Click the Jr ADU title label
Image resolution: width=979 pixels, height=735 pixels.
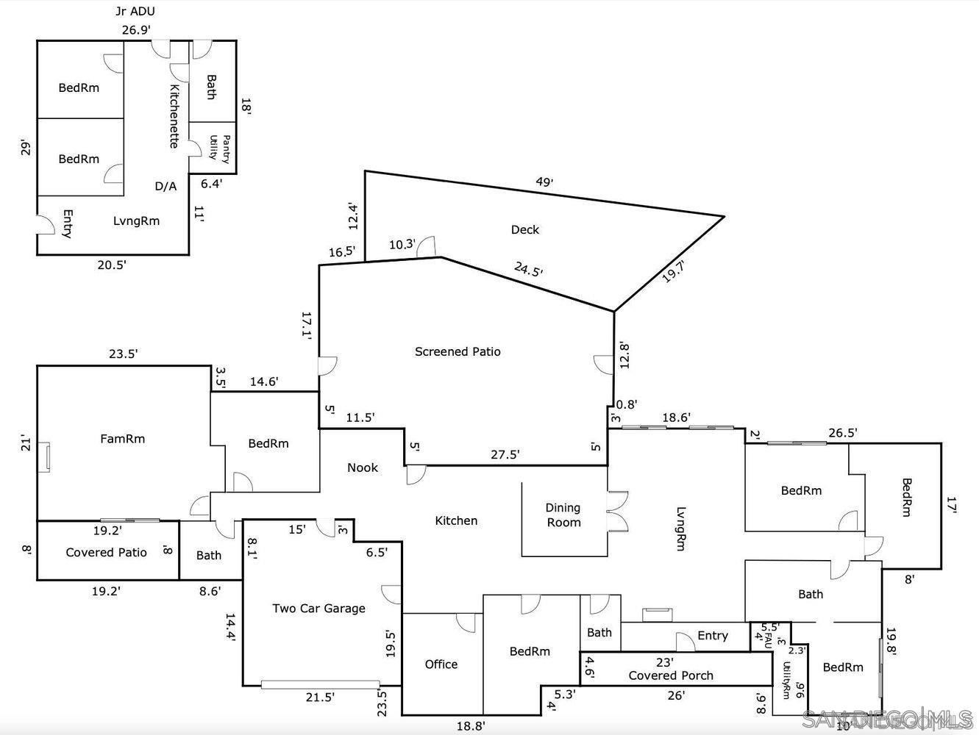[135, 11]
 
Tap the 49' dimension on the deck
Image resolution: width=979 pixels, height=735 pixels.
[544, 182]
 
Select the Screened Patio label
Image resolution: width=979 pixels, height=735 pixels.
[458, 351]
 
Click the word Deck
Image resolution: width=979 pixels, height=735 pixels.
[524, 229]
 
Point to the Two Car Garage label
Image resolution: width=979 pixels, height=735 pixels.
[318, 608]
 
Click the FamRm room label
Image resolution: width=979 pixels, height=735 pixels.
[122, 439]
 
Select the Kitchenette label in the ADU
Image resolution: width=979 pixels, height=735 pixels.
[174, 116]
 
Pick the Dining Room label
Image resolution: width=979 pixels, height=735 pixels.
[563, 514]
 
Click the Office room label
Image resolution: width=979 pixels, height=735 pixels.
[441, 664]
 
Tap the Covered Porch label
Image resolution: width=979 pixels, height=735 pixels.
[670, 675]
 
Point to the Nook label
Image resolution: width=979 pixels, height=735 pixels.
[363, 467]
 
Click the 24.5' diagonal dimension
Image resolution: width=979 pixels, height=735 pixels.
[528, 270]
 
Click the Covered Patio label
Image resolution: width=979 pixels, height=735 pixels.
[107, 552]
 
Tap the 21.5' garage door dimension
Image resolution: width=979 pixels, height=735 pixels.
[320, 697]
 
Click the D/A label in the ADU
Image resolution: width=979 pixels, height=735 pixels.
[165, 187]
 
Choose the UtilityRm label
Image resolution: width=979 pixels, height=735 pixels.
[787, 680]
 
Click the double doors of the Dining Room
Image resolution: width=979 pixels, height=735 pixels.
[616, 511]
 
